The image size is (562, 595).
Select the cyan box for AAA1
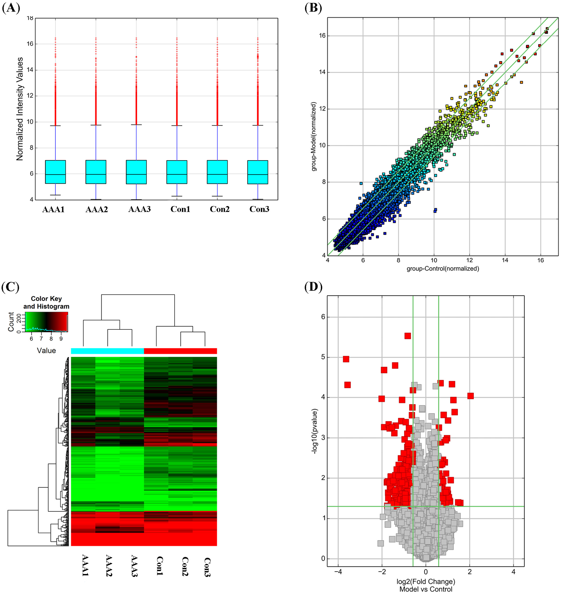(55, 172)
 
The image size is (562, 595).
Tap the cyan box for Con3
(258, 172)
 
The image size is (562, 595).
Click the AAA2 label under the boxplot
(97, 209)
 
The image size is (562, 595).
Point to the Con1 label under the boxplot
(180, 209)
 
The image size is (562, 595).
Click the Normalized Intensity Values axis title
(20, 109)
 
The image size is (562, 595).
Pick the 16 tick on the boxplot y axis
(30, 44)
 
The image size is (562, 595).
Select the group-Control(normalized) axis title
(443, 269)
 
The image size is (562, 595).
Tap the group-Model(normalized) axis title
(314, 136)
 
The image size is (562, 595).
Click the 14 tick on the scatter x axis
(505, 260)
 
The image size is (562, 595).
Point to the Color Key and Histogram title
(46, 302)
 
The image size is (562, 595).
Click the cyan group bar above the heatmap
(107, 351)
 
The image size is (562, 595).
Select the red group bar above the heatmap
(180, 351)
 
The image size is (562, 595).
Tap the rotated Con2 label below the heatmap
(185, 566)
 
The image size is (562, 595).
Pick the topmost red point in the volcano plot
(407, 336)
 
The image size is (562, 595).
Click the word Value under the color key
(46, 351)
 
